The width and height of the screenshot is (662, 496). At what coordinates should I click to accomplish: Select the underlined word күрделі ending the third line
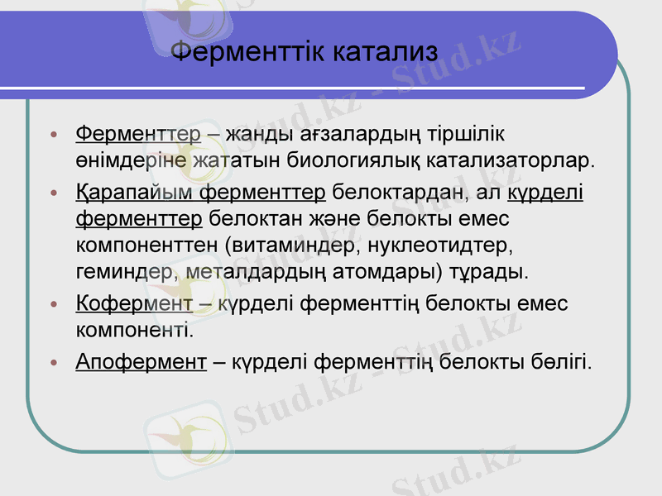[x=545, y=194]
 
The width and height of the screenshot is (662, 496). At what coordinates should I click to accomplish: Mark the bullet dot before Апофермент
[x=54, y=362]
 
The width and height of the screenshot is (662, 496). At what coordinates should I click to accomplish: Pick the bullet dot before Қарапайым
[x=54, y=195]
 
